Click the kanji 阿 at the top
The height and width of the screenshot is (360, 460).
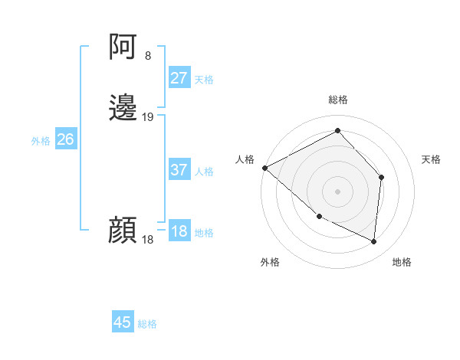pos(123,48)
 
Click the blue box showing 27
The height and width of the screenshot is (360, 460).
pos(179,78)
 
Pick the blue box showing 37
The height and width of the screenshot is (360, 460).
pos(179,170)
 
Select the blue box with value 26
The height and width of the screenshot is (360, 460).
pos(65,139)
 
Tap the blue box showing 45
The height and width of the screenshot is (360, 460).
pos(123,322)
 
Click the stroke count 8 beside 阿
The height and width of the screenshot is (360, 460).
pos(148,56)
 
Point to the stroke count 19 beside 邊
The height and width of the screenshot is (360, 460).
pos(148,117)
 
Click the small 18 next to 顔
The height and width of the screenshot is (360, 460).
pos(148,240)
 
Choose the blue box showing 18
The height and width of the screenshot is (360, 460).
pos(179,231)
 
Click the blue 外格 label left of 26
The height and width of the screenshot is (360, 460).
pos(41,141)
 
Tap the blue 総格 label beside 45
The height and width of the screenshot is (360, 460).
pos(147,324)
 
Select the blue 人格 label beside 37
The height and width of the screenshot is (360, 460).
pos(205,172)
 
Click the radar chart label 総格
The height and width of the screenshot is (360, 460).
pos(337,100)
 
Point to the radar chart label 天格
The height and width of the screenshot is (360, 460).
pos(431,159)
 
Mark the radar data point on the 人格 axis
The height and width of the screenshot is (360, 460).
pos(264,167)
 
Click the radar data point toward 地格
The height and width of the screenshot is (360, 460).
pos(374,241)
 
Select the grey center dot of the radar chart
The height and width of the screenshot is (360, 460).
pos(337,191)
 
